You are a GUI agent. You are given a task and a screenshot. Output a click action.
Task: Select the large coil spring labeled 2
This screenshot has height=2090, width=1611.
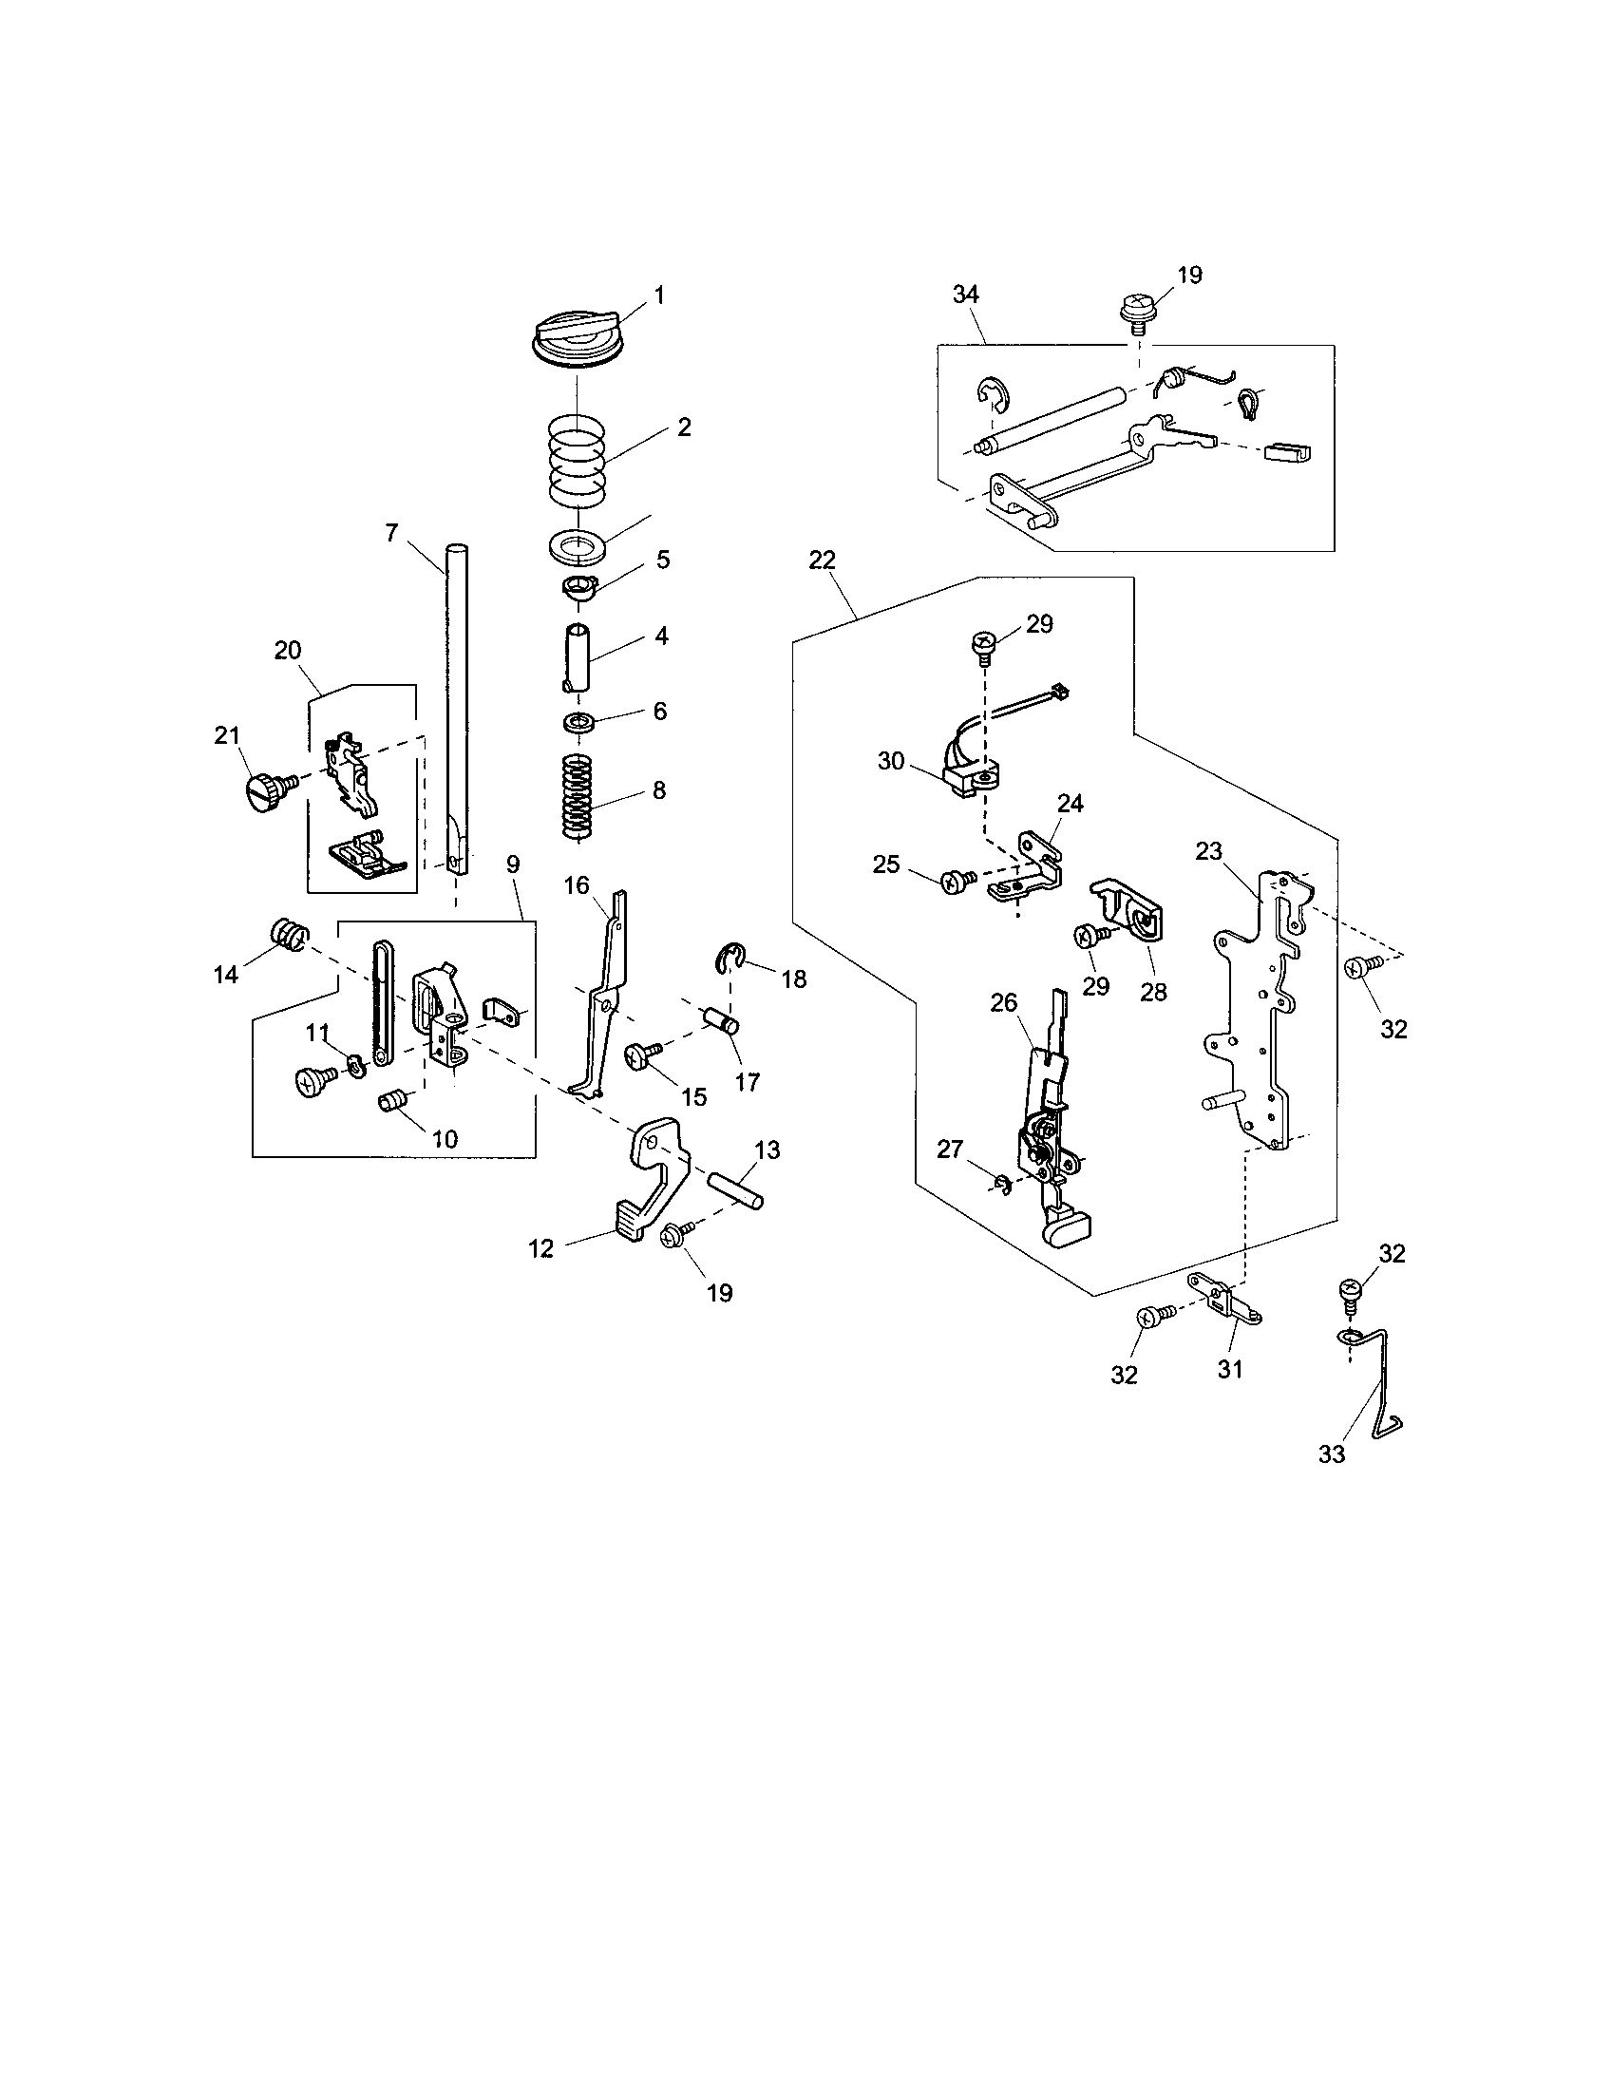[578, 459]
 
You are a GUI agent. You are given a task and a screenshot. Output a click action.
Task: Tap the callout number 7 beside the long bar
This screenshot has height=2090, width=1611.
[391, 534]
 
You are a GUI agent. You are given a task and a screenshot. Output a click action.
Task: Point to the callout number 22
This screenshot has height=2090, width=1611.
[822, 560]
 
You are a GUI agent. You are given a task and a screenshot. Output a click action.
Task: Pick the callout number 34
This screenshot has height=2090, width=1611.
[965, 294]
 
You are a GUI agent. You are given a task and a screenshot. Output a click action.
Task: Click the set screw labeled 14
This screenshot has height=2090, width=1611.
[287, 933]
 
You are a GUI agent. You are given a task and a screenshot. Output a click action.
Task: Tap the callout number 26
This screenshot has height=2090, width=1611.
[1003, 1004]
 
